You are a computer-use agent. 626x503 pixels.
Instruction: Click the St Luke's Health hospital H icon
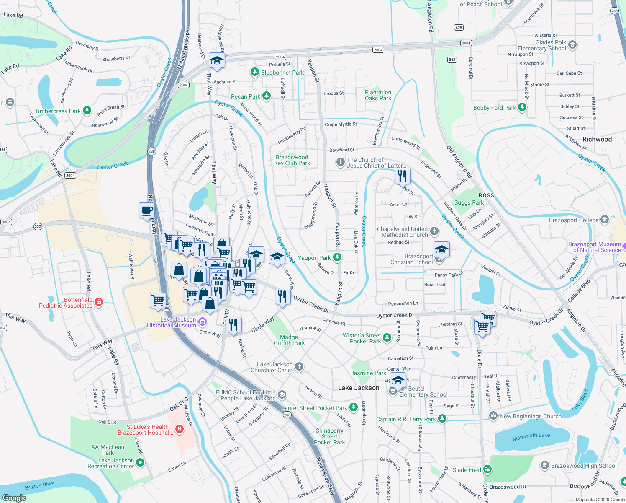click(180, 429)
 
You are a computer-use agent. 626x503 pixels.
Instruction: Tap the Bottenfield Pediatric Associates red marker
click(99, 302)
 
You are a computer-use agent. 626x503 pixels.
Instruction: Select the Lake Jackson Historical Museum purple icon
click(203, 322)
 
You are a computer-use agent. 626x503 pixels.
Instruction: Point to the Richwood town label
click(597, 139)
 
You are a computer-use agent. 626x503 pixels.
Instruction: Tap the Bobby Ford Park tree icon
click(522, 107)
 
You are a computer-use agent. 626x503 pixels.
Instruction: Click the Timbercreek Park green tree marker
click(87, 111)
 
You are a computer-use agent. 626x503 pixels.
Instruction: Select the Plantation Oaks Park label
click(378, 95)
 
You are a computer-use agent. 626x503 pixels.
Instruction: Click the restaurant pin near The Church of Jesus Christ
click(403, 176)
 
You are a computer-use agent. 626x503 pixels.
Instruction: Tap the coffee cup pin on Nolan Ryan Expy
click(146, 210)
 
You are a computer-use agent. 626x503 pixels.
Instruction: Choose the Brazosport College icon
click(604, 220)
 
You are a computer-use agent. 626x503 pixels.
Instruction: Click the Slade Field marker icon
click(487, 469)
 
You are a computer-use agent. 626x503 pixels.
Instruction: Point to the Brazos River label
click(40, 486)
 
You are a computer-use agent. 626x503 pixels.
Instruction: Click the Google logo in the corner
click(14, 498)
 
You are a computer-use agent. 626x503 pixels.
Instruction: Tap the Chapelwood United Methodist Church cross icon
click(434, 231)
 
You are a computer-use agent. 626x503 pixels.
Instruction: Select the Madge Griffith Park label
click(289, 340)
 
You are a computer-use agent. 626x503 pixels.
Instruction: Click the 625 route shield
click(459, 28)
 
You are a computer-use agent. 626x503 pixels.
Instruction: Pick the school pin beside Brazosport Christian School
click(441, 249)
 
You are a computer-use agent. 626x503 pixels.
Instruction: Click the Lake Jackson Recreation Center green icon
click(140, 462)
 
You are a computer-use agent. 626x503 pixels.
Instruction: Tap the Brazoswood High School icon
click(544, 465)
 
